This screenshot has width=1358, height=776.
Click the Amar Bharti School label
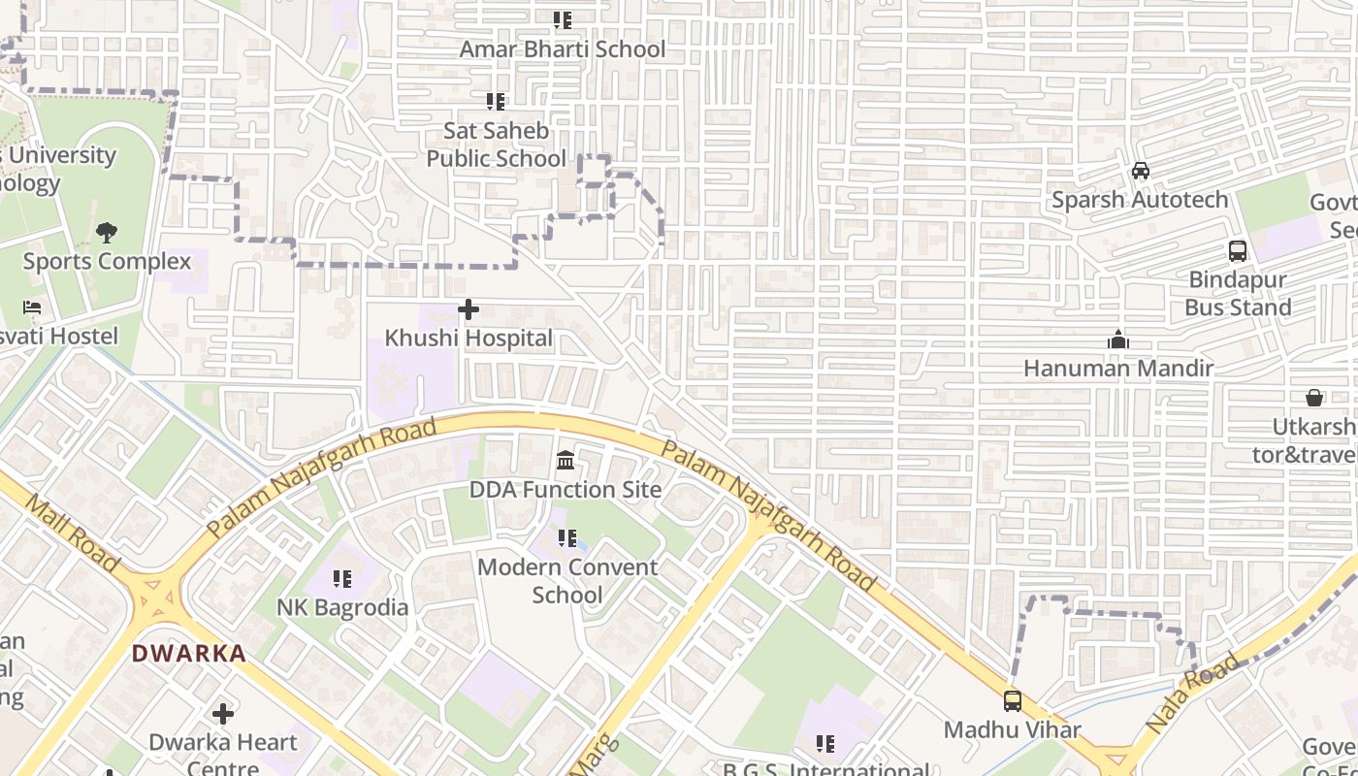[563, 49]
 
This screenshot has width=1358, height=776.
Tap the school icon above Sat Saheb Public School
[496, 101]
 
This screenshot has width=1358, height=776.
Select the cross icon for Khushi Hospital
[469, 310]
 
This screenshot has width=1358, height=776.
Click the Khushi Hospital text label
[469, 339]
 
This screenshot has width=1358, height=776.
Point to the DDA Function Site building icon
[566, 459]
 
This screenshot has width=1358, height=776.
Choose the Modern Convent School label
[566, 580]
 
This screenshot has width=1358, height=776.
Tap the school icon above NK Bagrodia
[342, 579]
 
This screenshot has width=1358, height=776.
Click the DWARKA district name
[189, 654]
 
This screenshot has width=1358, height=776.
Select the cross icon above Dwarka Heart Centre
[223, 714]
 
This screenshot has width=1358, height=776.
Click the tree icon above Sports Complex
[107, 233]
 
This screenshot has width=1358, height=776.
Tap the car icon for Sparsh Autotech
[1141, 171]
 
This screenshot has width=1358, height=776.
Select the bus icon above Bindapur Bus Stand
[1238, 251]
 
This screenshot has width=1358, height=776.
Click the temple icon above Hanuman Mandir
[1118, 340]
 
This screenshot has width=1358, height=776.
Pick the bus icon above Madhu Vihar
[1013, 700]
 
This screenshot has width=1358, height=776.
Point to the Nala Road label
[1192, 694]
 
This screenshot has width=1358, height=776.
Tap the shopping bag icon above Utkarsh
[1314, 398]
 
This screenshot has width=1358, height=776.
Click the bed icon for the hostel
[32, 307]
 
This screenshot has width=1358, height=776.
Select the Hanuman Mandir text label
[1118, 369]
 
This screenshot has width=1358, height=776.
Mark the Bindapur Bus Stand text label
[1238, 294]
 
